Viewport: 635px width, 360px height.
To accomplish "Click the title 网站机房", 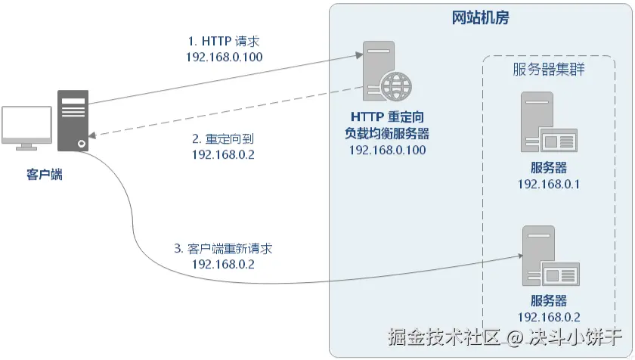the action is pyautogui.click(x=480, y=18).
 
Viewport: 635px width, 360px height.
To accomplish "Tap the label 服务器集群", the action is pyautogui.click(x=548, y=70).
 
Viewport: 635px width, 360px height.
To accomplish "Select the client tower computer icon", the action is pyautogui.click(x=73, y=119).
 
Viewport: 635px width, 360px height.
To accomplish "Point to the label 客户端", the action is pyautogui.click(x=45, y=175).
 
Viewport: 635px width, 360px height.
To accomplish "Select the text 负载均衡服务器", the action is pyautogui.click(x=387, y=134).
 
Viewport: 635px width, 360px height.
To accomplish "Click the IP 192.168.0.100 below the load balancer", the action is pyautogui.click(x=387, y=150).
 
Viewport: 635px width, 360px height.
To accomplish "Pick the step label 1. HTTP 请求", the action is pyautogui.click(x=224, y=41).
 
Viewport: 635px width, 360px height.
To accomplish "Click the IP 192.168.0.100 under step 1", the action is pyautogui.click(x=224, y=57).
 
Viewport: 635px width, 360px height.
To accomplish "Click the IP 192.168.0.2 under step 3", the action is pyautogui.click(x=224, y=264).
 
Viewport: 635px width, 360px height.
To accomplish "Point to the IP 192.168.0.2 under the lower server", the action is pyautogui.click(x=550, y=317).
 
